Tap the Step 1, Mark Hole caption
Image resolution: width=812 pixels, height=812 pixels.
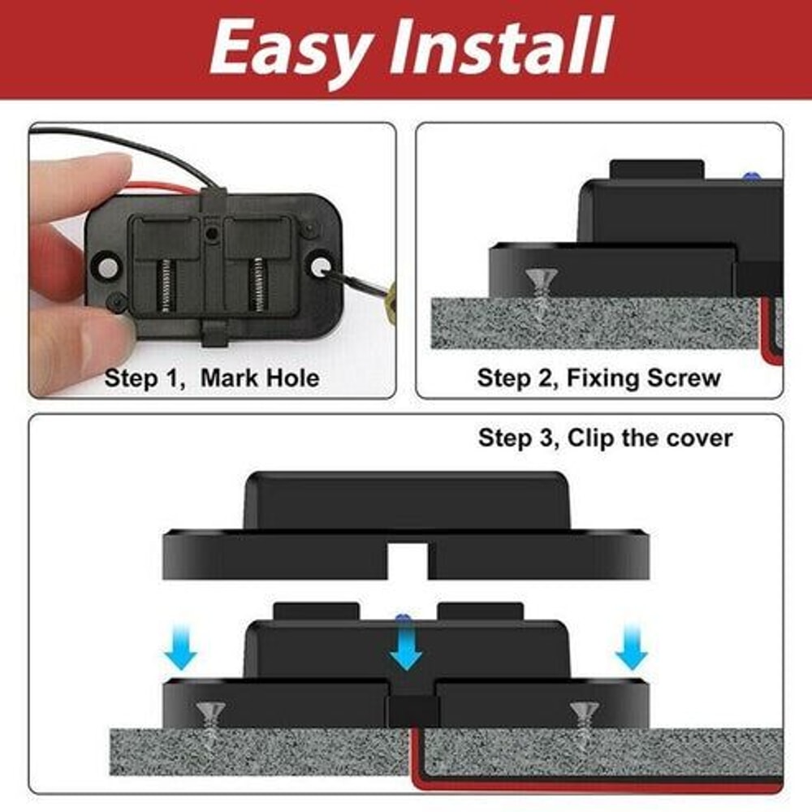(213, 378)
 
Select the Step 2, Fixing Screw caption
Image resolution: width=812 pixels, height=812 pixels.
(599, 378)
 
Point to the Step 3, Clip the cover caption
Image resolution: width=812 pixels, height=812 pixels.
(605, 438)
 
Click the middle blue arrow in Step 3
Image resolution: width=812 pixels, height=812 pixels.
(406, 650)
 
